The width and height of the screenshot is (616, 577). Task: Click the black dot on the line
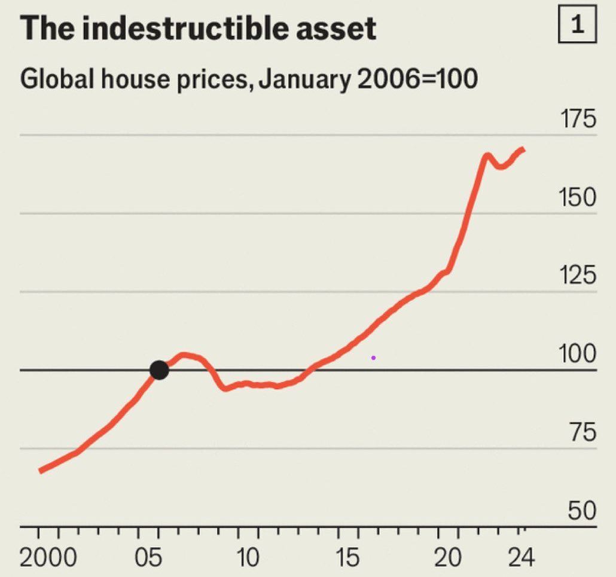[159, 370]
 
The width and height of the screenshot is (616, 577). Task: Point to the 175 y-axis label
[578, 119]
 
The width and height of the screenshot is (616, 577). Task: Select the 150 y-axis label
[578, 197]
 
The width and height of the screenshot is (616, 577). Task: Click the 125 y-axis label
[578, 276]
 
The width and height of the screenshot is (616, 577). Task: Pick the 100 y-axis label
[578, 354]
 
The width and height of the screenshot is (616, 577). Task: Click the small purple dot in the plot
[373, 358]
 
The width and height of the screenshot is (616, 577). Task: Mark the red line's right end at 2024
[523, 148]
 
